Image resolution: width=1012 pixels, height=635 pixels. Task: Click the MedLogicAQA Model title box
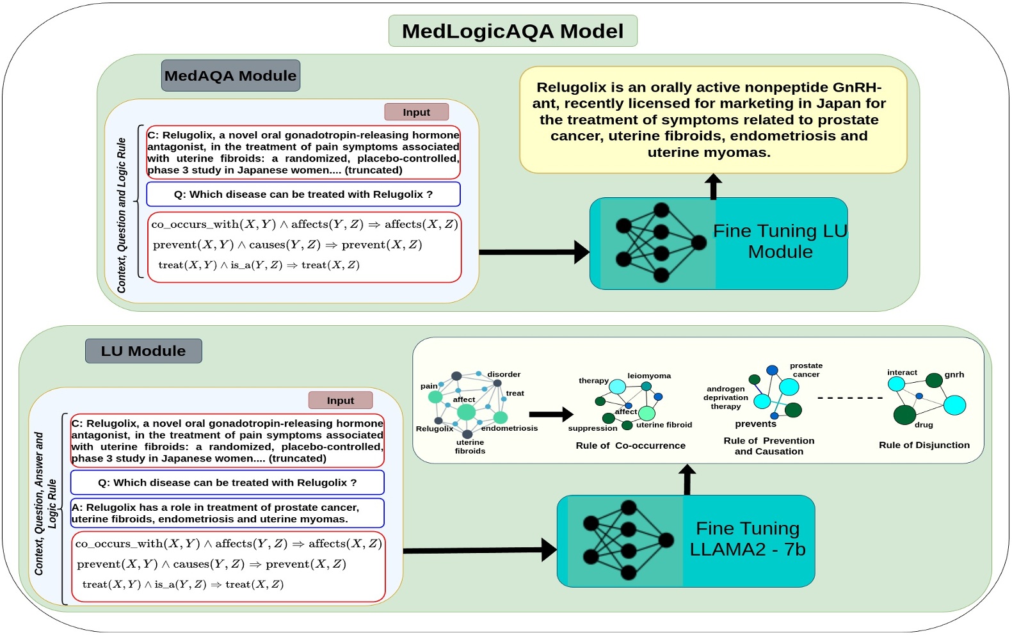(513, 31)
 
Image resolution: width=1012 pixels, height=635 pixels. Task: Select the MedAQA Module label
(230, 76)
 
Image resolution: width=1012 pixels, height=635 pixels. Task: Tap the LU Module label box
(143, 351)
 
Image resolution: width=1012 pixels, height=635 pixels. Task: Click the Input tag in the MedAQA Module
(416, 112)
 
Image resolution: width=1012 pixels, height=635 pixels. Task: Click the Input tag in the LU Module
(340, 400)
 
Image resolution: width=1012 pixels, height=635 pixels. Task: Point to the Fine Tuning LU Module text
(780, 241)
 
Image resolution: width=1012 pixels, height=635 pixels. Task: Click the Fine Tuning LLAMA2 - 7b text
(747, 538)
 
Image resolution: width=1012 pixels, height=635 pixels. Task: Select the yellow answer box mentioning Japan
(712, 120)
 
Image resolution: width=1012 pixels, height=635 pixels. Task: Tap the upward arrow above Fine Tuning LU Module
(713, 186)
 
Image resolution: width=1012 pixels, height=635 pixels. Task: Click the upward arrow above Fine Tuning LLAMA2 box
(687, 479)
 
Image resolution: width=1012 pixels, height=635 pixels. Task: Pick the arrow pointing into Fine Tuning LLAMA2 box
(480, 550)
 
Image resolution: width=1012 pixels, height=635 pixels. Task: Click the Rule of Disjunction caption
(924, 445)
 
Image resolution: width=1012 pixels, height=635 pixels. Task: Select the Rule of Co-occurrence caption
(630, 446)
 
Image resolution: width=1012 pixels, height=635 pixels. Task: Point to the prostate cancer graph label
(806, 370)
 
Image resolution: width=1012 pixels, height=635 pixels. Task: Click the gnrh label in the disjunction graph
(954, 374)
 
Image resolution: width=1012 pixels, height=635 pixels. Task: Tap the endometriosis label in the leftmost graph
(510, 428)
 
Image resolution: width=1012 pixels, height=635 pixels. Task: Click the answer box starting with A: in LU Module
(227, 513)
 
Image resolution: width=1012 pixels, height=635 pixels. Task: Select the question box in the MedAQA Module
(303, 194)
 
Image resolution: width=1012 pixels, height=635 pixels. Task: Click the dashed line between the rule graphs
(850, 398)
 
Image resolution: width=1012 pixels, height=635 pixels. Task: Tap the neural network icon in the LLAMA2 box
(627, 541)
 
